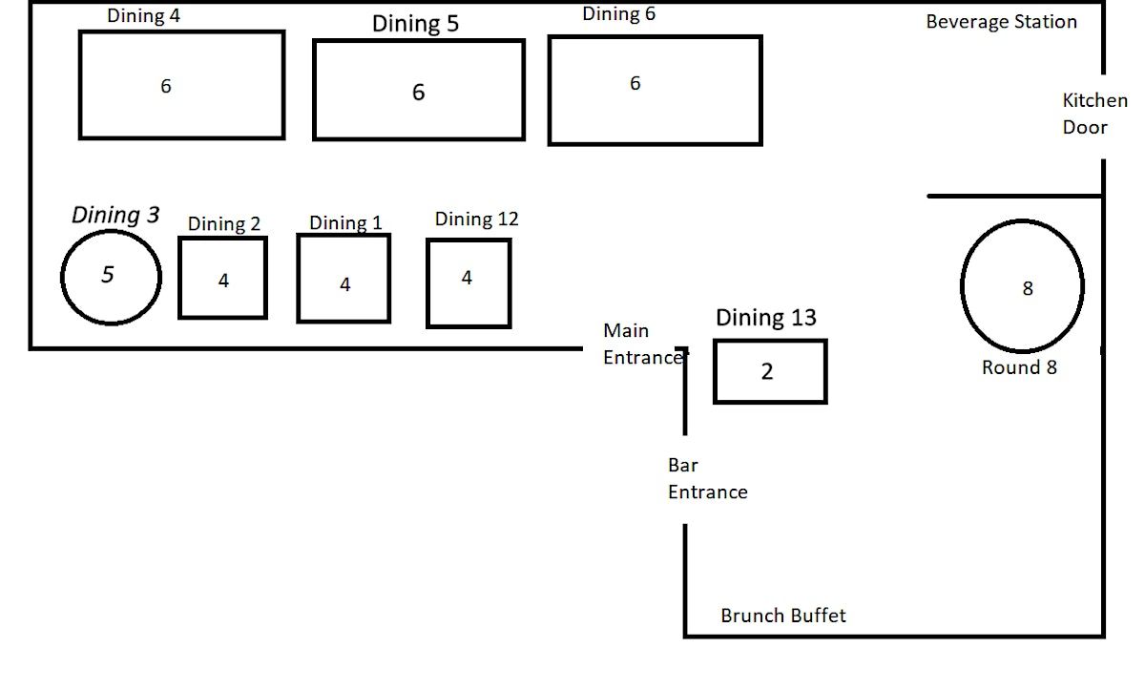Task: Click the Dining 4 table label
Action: click(143, 15)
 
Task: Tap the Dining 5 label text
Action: click(415, 24)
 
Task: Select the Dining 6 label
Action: click(618, 13)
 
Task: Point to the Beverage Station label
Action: click(1001, 22)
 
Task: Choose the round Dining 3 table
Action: click(111, 276)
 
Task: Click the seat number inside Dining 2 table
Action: click(223, 281)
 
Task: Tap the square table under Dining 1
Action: click(343, 279)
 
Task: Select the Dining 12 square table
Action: click(468, 283)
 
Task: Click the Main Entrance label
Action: click(643, 345)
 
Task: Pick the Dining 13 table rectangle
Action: click(770, 371)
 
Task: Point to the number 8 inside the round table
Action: click(1028, 288)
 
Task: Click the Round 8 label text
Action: click(1019, 367)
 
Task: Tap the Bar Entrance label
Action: click(707, 479)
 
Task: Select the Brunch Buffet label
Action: click(782, 616)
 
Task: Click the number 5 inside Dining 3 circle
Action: click(108, 275)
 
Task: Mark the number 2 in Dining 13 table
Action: click(767, 372)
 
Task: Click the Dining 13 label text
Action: click(765, 318)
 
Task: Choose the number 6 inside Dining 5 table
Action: click(418, 93)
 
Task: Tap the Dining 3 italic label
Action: click(115, 216)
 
